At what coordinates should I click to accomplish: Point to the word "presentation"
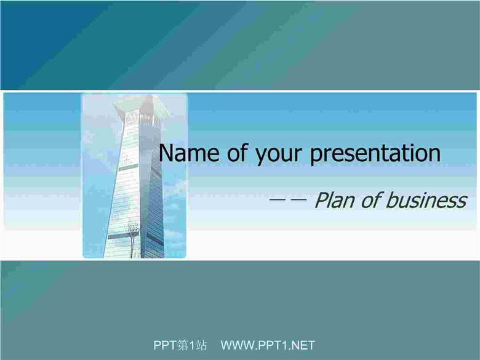click(375, 154)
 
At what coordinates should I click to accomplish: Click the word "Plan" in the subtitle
click(335, 200)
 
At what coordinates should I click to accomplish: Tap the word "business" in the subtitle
click(426, 200)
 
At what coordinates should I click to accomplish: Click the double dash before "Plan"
click(288, 200)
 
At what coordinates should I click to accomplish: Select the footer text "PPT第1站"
click(180, 345)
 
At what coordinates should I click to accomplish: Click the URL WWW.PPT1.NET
click(268, 345)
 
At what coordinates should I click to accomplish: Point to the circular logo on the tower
click(132, 118)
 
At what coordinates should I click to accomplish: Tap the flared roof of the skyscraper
click(142, 106)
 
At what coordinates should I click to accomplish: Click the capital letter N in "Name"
click(166, 153)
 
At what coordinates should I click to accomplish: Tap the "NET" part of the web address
click(303, 345)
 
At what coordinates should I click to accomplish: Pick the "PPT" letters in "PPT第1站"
click(165, 345)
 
